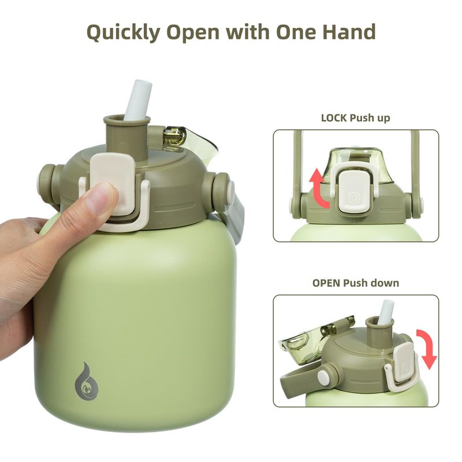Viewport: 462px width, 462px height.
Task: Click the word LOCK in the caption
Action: [x=334, y=118]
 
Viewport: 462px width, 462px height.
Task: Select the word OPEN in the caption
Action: [x=326, y=283]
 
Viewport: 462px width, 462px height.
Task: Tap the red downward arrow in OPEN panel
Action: [x=426, y=349]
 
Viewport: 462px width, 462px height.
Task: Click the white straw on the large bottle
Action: [x=138, y=100]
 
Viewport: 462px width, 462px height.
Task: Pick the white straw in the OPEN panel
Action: [x=385, y=313]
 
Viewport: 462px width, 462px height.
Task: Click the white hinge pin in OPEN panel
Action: [x=323, y=377]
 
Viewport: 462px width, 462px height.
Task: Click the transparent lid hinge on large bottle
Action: [x=174, y=136]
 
